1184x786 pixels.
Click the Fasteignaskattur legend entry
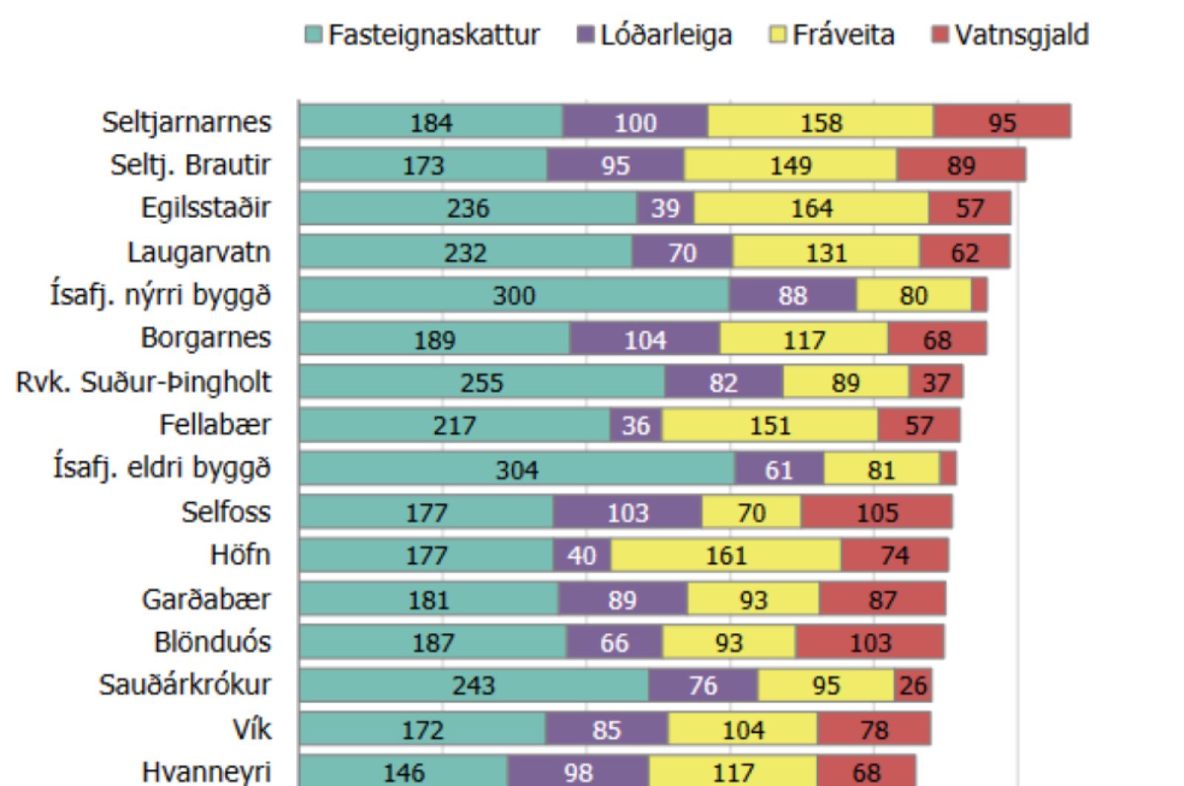[x=423, y=35]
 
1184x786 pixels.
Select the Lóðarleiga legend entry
[x=655, y=35]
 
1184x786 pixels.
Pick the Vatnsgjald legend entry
[x=1011, y=35]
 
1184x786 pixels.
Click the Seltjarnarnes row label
[x=186, y=122]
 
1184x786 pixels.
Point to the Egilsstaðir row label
[x=206, y=208]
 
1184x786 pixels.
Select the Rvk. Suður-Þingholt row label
[x=144, y=382]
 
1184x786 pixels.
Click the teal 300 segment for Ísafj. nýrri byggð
[x=514, y=295]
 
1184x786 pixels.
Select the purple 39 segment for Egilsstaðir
[x=665, y=209]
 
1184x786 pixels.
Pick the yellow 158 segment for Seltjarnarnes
[x=821, y=122]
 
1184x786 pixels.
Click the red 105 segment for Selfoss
[x=877, y=512]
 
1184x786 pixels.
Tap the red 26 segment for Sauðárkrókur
[x=912, y=685]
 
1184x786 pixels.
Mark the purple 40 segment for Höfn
[x=582, y=555]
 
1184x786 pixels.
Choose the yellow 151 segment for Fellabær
[x=770, y=425]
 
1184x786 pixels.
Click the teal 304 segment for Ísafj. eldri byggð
[x=517, y=469]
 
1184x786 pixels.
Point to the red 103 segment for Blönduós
[x=870, y=642]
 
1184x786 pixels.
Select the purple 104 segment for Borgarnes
[x=645, y=339]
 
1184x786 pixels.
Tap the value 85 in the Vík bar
[x=606, y=729]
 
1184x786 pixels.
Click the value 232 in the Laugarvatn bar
[x=465, y=252]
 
